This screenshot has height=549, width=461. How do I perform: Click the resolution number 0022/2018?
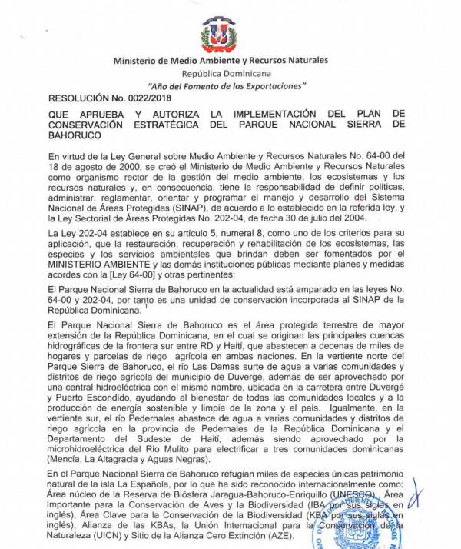tap(152, 98)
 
